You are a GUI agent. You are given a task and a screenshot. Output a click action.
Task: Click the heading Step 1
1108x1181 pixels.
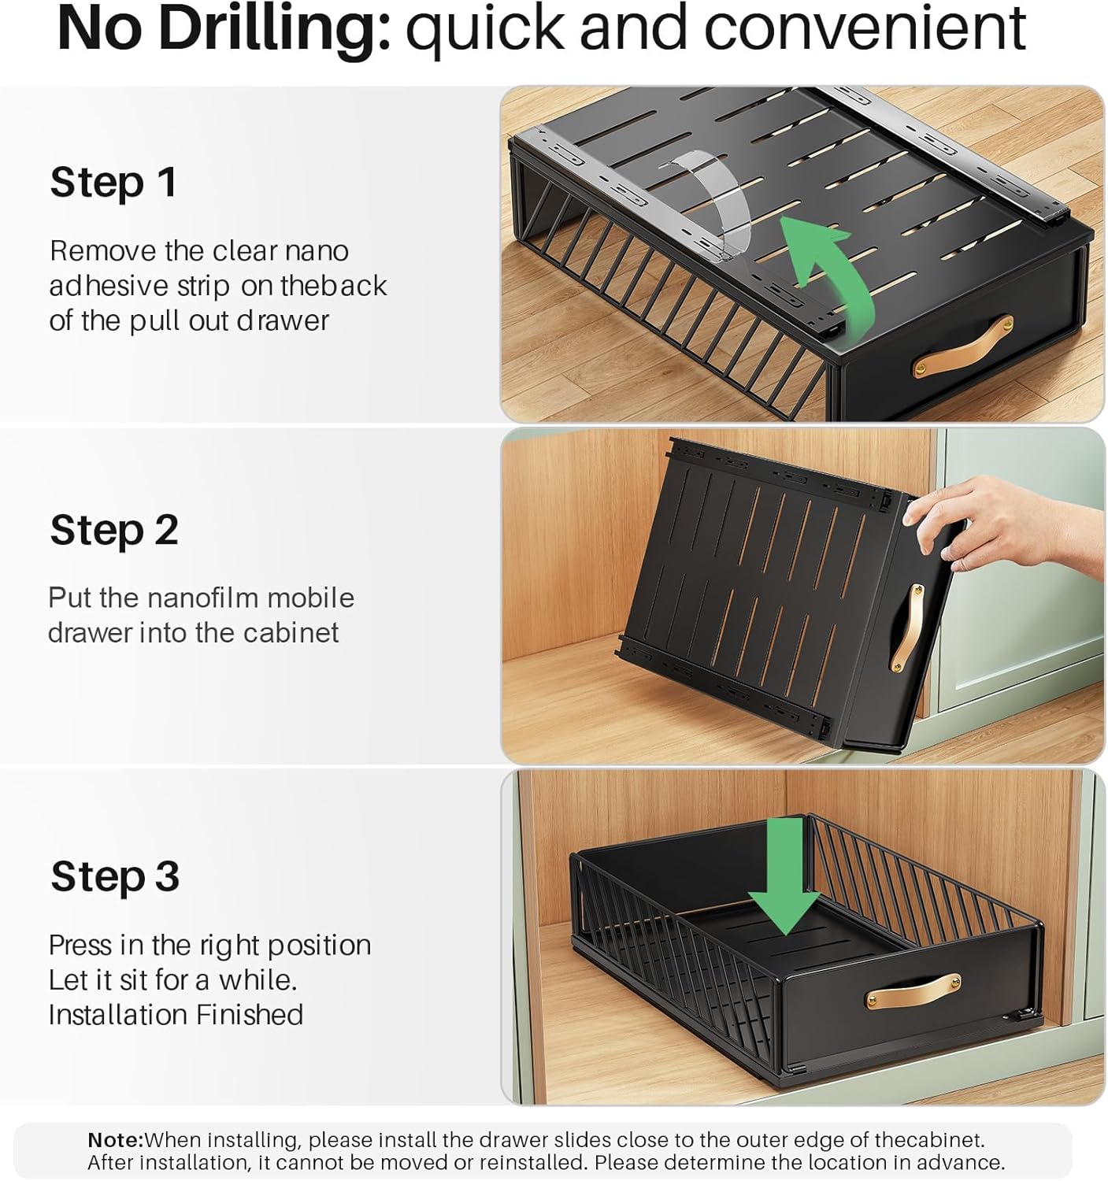pyautogui.click(x=113, y=183)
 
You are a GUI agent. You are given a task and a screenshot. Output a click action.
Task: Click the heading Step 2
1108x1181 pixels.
pyautogui.click(x=114, y=531)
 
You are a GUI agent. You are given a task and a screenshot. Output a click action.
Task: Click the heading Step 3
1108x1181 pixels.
pyautogui.click(x=115, y=876)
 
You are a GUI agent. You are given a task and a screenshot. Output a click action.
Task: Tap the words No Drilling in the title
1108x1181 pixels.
pyautogui.click(x=224, y=31)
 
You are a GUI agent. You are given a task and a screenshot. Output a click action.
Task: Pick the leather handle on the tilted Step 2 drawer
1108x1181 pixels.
pyautogui.click(x=906, y=628)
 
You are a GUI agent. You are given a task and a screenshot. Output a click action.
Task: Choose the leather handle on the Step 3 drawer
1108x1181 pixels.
pyautogui.click(x=912, y=992)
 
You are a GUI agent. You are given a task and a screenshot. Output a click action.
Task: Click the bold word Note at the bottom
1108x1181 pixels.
pyautogui.click(x=116, y=1140)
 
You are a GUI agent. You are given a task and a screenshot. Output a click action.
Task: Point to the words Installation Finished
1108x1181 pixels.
pyautogui.click(x=176, y=1015)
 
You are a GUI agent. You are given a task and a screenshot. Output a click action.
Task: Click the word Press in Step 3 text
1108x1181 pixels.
pyautogui.click(x=80, y=946)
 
